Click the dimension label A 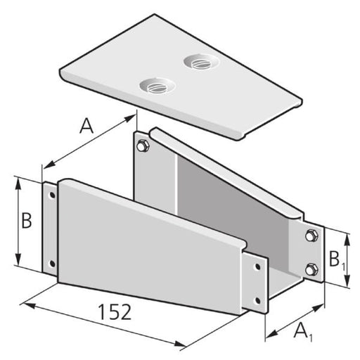[x=86, y=126]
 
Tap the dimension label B [x=27, y=220]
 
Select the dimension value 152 [x=115, y=312]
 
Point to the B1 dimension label [x=337, y=259]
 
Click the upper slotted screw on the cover [x=201, y=62]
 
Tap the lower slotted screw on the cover [x=157, y=86]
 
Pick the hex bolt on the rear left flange [x=142, y=146]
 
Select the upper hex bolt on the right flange [x=311, y=236]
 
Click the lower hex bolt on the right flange [x=311, y=269]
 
